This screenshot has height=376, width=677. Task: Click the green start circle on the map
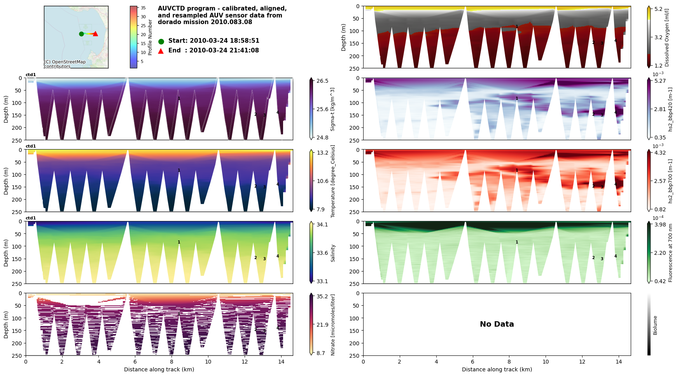pos(81,34)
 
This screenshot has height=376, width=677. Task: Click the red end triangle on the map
pos(95,34)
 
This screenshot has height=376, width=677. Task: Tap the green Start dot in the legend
pos(161,41)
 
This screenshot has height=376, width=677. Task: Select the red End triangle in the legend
pos(161,50)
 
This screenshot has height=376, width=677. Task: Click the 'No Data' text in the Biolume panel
pos(497,324)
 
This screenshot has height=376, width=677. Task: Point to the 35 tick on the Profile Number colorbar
pos(143,8)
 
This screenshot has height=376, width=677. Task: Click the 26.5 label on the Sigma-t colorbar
pos(322,81)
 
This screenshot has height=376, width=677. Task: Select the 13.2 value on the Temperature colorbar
pos(322,153)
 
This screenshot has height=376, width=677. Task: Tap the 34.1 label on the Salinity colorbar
pos(322,225)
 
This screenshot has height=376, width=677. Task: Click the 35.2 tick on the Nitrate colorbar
pos(322,296)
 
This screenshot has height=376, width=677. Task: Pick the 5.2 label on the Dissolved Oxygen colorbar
pos(658,9)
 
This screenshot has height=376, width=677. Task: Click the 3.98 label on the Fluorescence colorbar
pos(660,225)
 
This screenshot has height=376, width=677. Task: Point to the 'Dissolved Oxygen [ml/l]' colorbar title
pos(667,37)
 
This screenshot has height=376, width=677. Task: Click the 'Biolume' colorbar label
pos(655,325)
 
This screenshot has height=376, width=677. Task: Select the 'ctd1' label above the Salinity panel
pos(31,218)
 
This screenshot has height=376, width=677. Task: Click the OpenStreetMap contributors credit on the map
pos(65,64)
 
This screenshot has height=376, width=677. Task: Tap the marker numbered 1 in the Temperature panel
pos(179,171)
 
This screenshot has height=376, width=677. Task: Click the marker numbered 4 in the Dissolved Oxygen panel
pos(616,40)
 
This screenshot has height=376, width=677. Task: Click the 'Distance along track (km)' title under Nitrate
pos(159,369)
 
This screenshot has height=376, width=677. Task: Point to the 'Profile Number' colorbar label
pos(150,37)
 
